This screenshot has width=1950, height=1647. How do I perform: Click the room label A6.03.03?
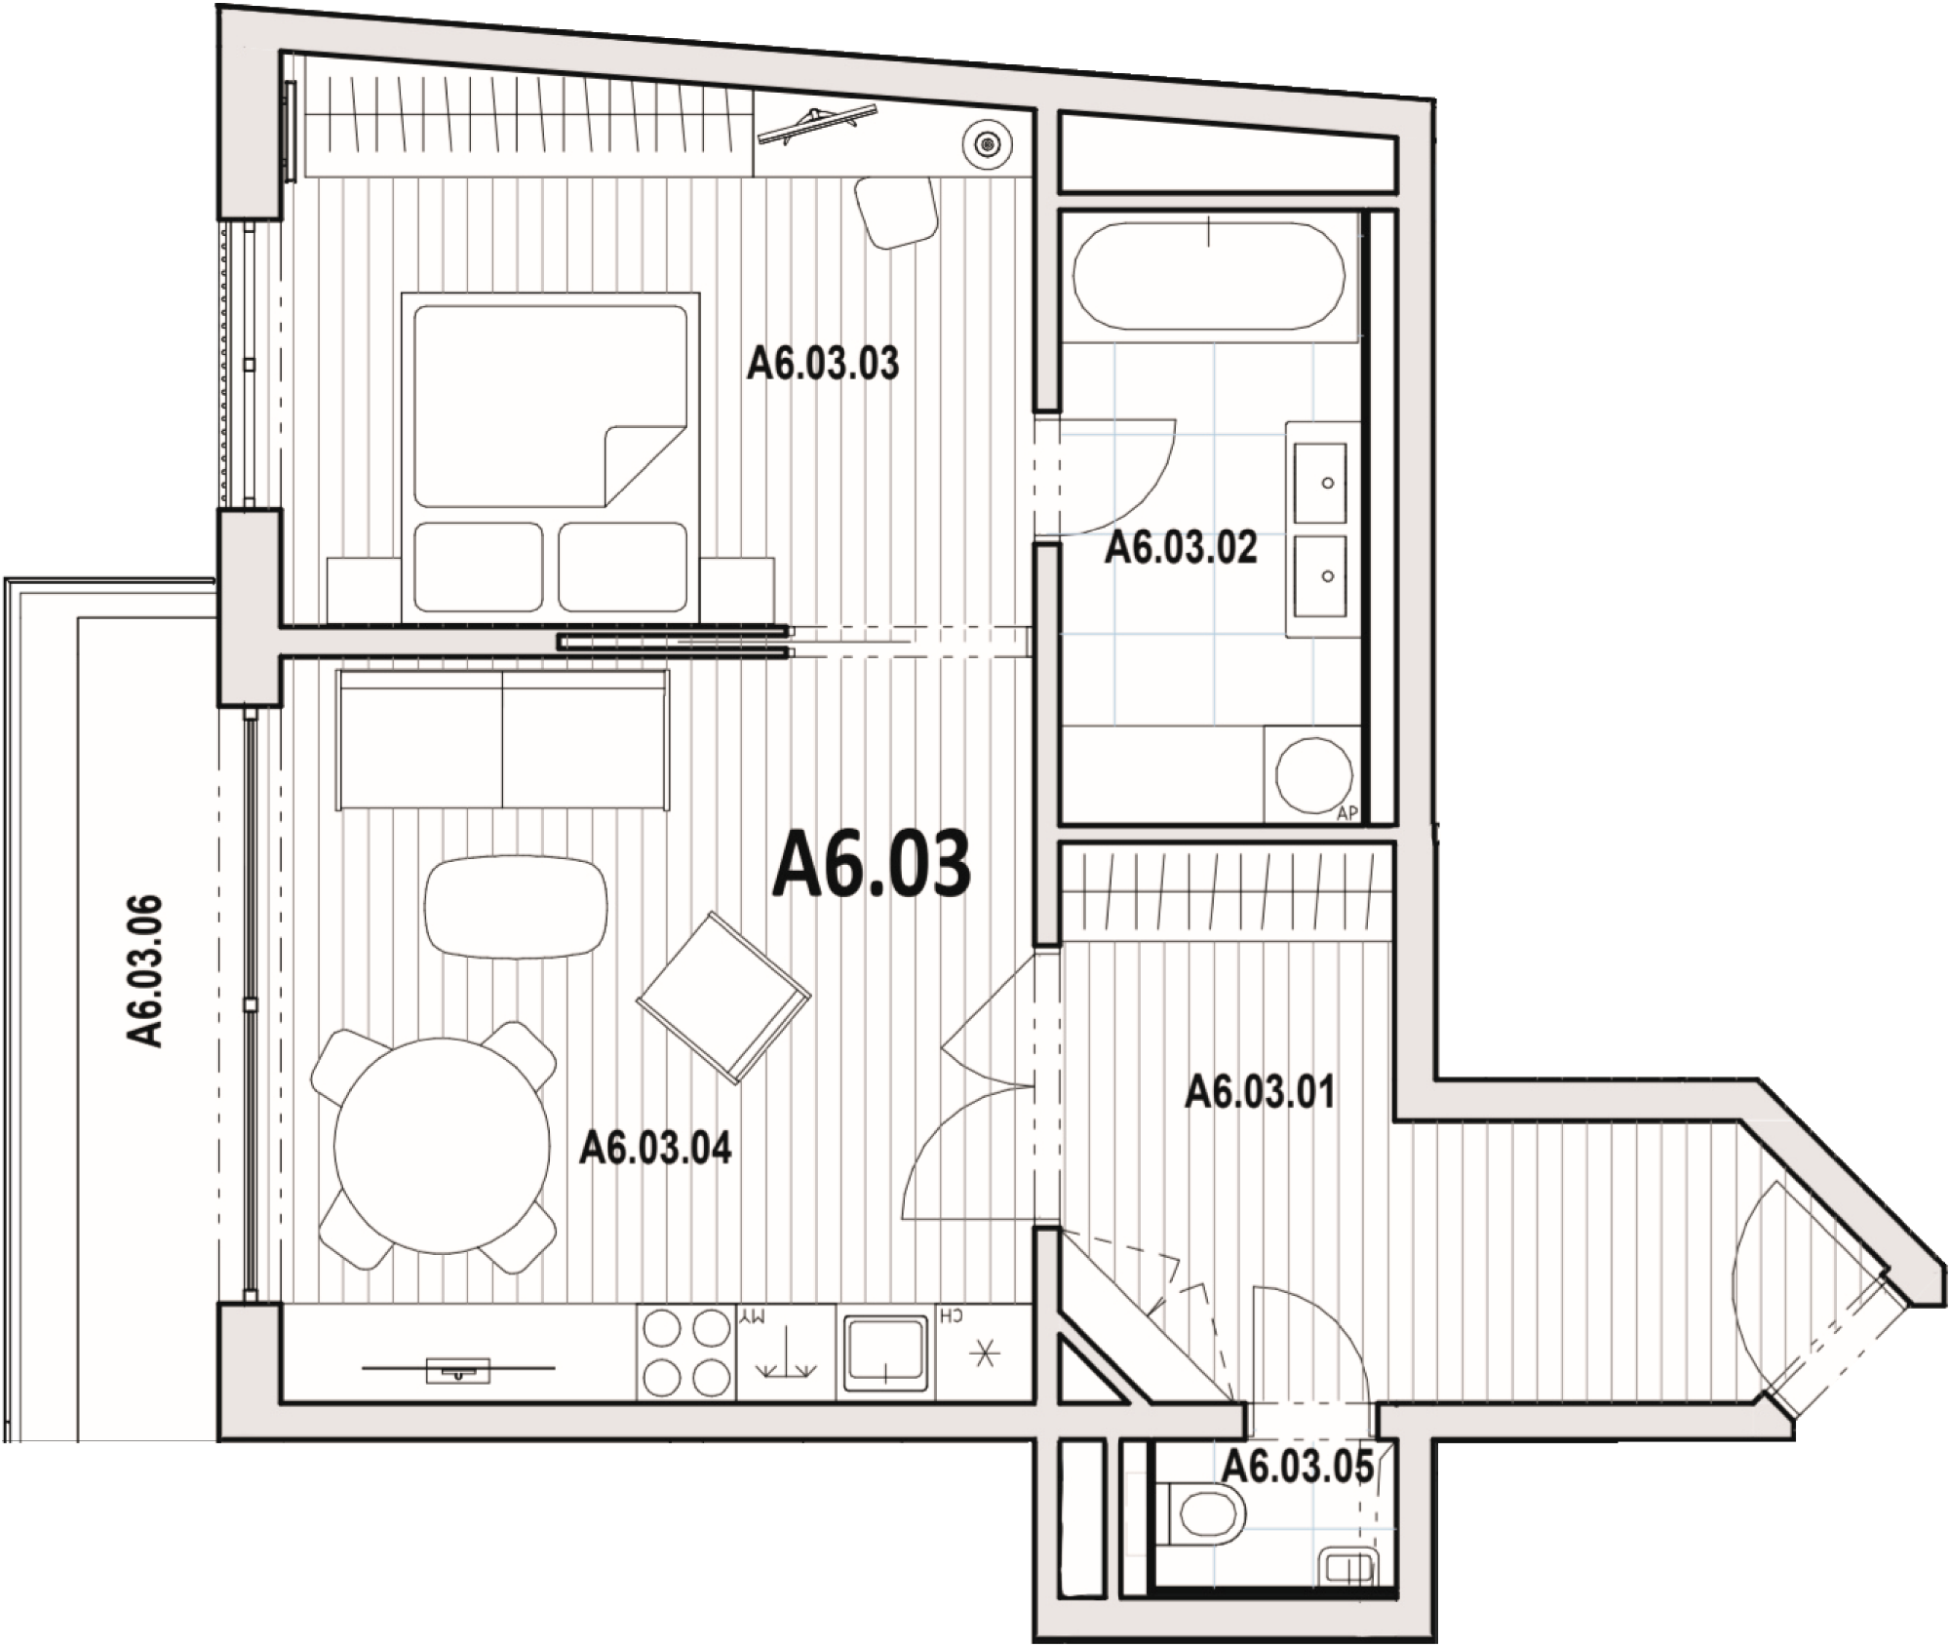pos(823,364)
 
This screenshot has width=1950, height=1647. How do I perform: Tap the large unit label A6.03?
pos(872,864)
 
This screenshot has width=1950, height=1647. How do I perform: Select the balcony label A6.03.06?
pos(145,970)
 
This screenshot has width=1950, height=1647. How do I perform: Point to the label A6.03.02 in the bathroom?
pos(1181,548)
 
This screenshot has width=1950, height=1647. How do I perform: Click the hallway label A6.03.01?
pos(1260,1092)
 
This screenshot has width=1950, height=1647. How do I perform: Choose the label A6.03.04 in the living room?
pos(655,1149)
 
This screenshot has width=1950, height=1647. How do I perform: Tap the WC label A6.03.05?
pos(1298,1466)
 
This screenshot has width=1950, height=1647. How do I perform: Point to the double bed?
pos(551,456)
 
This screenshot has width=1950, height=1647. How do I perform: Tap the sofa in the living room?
pos(502,738)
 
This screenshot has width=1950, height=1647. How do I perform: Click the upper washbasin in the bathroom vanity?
pos(1320,482)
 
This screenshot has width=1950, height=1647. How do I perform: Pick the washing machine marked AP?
pos(1312,773)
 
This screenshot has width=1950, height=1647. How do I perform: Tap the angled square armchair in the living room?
pos(723,997)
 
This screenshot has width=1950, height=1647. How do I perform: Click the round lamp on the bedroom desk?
pos(989,145)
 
